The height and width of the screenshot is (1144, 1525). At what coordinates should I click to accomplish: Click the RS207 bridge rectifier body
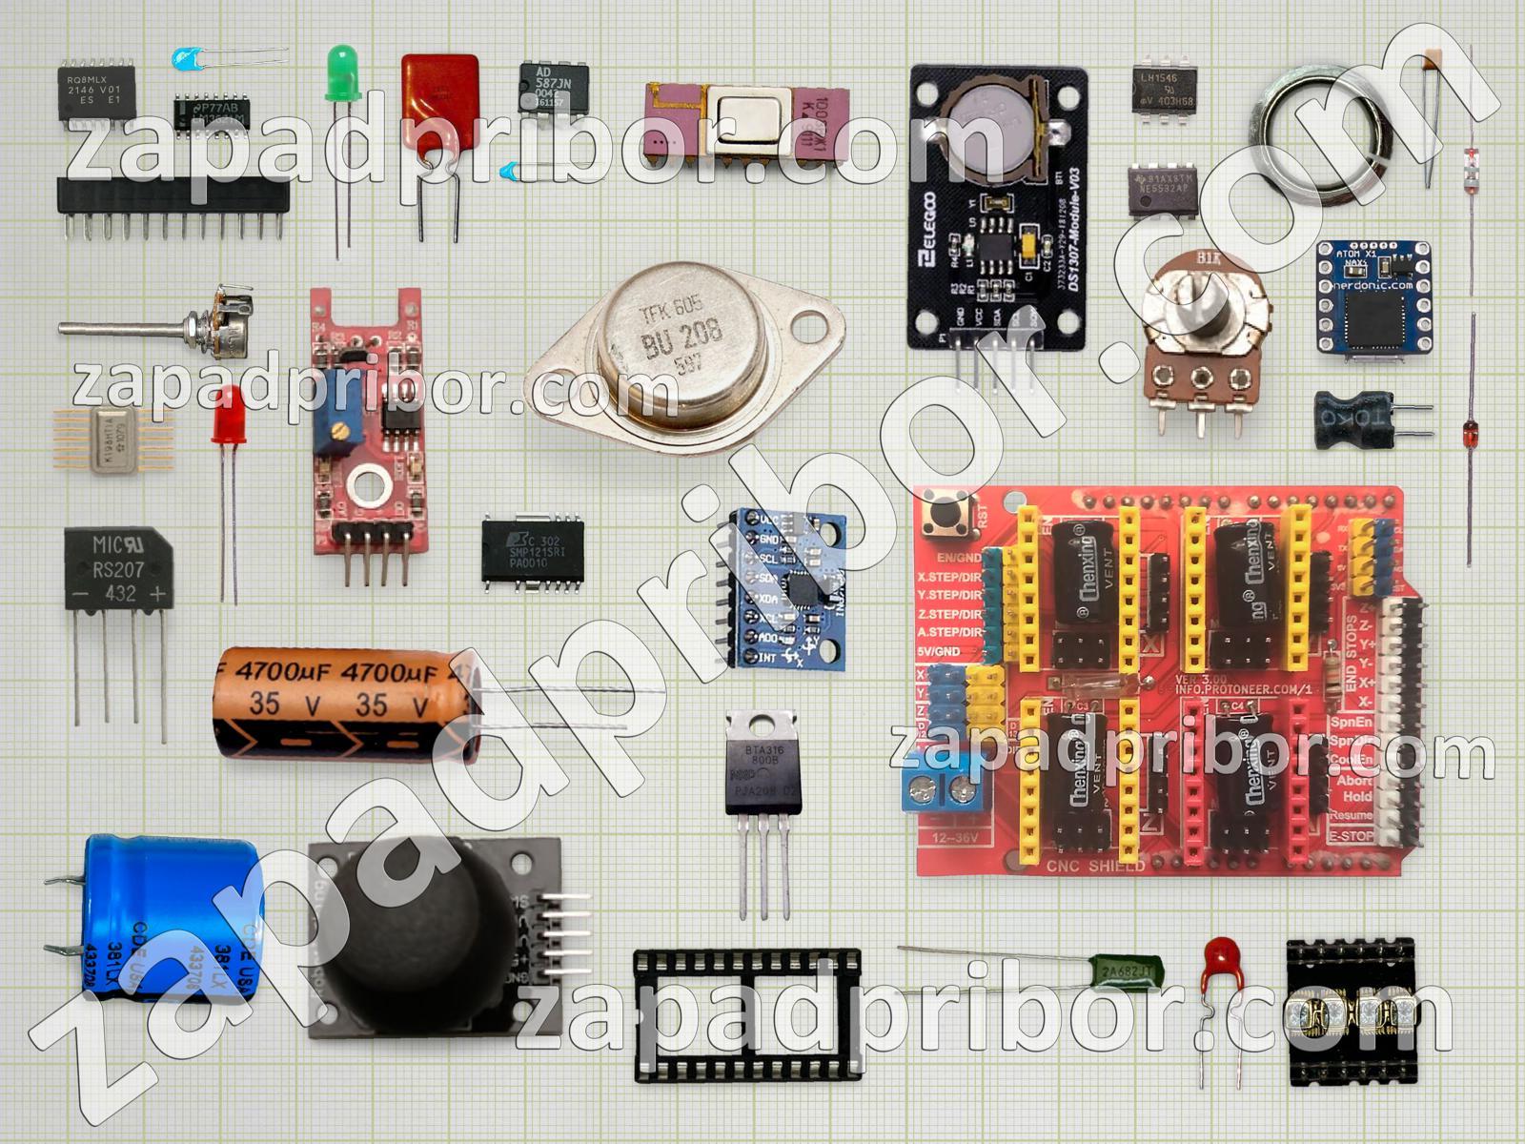pyautogui.click(x=115, y=570)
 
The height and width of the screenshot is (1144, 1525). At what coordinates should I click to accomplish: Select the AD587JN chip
pyautogui.click(x=554, y=88)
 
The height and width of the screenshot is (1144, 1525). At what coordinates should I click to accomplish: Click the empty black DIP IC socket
pyautogui.click(x=747, y=1014)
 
